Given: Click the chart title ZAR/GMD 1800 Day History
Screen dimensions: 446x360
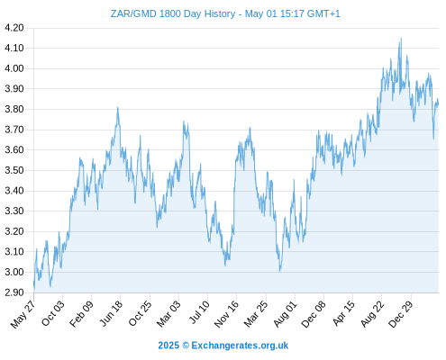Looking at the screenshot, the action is (x=173, y=13).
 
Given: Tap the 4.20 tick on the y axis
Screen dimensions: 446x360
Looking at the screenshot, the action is (x=14, y=28).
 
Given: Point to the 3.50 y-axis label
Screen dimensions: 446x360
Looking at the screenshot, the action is (x=14, y=170).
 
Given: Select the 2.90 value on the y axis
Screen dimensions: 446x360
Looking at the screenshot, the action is (x=14, y=292).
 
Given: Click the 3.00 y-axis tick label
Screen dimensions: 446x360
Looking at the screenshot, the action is (x=14, y=272).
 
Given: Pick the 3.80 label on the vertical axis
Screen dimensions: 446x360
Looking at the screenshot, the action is (x=14, y=109).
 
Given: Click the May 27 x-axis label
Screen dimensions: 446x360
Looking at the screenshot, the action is (x=23, y=314).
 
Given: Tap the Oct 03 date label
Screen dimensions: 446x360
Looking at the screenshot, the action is (x=53, y=313).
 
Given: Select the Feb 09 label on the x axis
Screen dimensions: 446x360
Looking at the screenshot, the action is (x=81, y=313).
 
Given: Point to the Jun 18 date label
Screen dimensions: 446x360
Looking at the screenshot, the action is (x=111, y=313).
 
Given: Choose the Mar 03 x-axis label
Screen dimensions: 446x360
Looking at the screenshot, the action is (x=168, y=313).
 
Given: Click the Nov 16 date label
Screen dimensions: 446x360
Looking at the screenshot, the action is (x=226, y=314).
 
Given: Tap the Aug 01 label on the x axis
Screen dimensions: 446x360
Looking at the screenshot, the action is (x=285, y=313).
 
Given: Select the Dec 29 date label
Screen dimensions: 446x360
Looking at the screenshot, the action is (x=401, y=313).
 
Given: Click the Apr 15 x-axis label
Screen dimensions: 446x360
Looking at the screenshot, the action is (x=343, y=313).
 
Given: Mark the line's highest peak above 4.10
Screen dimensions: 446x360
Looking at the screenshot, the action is (x=401, y=39).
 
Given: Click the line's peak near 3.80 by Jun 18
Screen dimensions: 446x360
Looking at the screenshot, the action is (x=118, y=108).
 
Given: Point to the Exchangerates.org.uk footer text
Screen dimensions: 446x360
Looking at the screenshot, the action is (x=240, y=346).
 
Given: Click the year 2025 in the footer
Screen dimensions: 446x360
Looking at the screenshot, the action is (x=168, y=346).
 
